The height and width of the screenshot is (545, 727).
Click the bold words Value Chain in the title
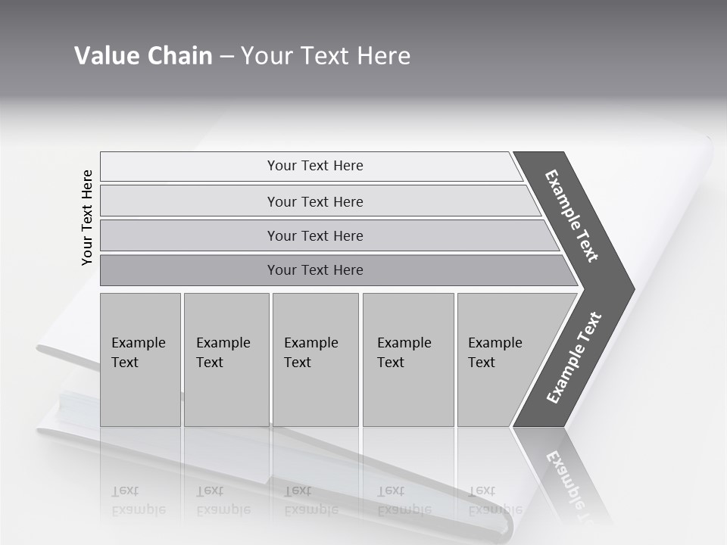click(x=143, y=56)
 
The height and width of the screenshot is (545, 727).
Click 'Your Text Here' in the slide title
click(x=326, y=56)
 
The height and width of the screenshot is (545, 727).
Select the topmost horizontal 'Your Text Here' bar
click(x=315, y=166)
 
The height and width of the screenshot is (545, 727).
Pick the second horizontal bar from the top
click(x=315, y=201)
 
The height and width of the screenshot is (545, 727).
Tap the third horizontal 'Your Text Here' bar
click(x=315, y=235)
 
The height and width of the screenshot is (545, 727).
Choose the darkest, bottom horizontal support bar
click(x=315, y=270)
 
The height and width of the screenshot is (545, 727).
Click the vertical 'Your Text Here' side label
click(x=87, y=217)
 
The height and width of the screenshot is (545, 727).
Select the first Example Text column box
click(x=140, y=360)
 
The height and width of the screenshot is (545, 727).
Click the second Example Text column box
click(x=226, y=360)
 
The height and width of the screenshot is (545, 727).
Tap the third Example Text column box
click(x=314, y=360)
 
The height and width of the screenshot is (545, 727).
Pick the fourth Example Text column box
click(x=407, y=360)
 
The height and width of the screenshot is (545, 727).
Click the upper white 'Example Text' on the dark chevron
click(x=572, y=216)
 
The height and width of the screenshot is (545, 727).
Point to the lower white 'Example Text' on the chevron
click(x=574, y=357)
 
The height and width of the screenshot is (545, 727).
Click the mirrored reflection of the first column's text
click(x=138, y=500)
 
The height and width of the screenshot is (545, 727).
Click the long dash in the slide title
click(x=226, y=57)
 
